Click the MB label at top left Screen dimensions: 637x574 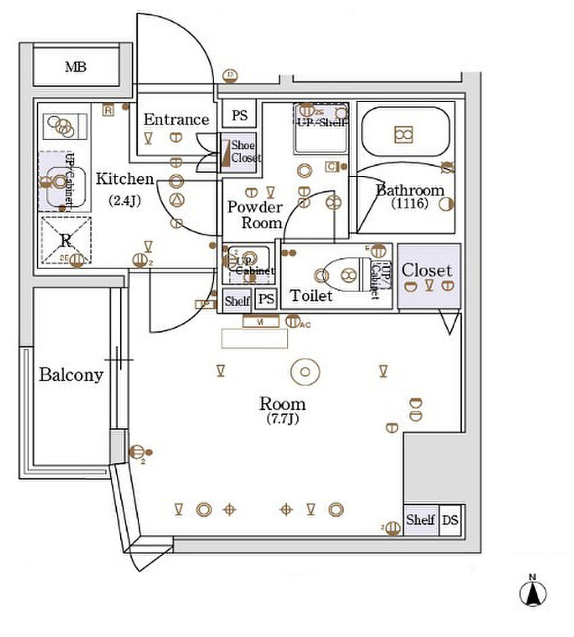click(76, 67)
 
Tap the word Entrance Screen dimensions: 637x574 click(176, 120)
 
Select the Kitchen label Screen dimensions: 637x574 click(124, 179)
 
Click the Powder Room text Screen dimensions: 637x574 click(254, 214)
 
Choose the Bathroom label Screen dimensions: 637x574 click(410, 190)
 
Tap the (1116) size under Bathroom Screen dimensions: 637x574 click(410, 203)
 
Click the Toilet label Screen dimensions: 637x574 click(311, 296)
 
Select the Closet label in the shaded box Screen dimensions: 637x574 click(427, 270)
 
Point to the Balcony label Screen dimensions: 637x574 click(71, 375)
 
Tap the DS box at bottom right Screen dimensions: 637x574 click(450, 520)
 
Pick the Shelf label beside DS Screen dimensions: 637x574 click(420, 520)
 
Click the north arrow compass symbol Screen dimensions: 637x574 click(532, 592)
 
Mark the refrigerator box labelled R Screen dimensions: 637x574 click(66, 240)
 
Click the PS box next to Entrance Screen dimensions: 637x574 click(240, 116)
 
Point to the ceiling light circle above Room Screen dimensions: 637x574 click(304, 371)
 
